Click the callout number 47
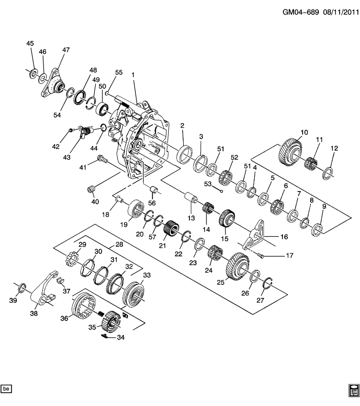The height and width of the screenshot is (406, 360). [66, 49]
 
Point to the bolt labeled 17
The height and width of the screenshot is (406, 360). [261, 255]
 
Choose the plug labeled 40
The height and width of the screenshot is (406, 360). [91, 188]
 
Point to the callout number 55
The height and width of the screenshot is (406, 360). [118, 72]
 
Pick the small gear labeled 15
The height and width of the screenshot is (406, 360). [227, 219]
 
